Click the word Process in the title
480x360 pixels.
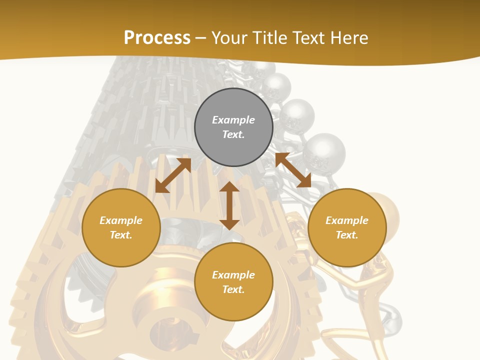pos(157,37)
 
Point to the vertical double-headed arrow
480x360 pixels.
pos(229,205)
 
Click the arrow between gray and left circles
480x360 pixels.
pos(173,175)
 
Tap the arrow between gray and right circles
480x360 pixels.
pos(293,170)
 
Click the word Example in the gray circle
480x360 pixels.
pos(233,120)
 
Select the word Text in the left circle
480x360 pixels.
pos(121,235)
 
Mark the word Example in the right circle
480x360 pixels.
pos(347,220)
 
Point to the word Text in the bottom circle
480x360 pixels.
pos(233,289)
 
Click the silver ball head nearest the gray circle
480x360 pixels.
pos(296,115)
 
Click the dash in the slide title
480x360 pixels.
pos(200,38)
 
